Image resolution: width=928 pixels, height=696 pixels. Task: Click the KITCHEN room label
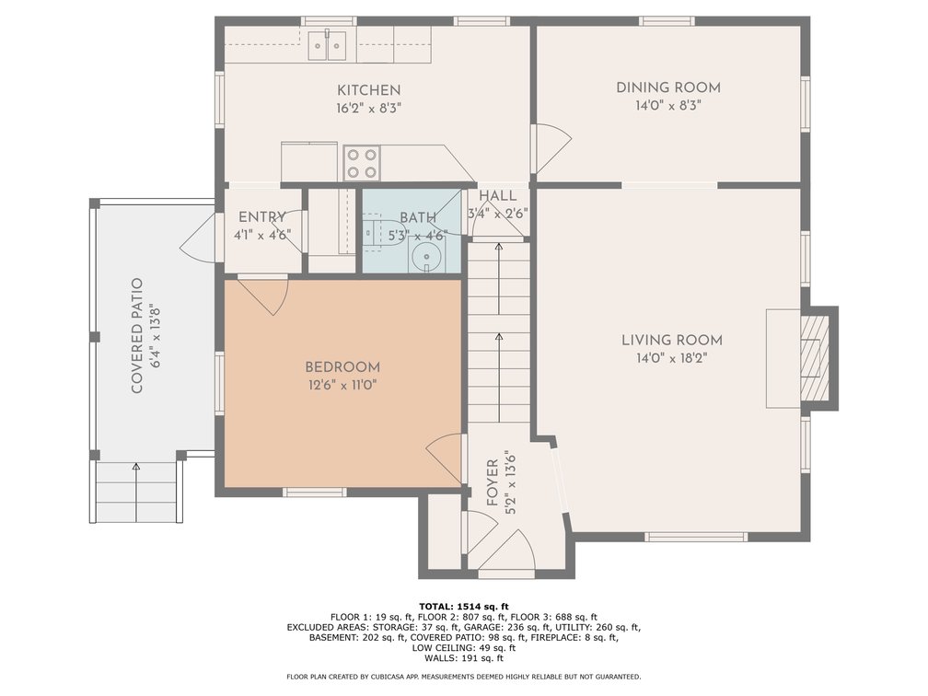tap(368, 90)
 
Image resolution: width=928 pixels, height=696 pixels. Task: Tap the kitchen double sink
tap(328, 44)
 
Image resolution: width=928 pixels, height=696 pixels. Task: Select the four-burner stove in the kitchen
tap(362, 163)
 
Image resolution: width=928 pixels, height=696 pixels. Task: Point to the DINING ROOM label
tap(668, 87)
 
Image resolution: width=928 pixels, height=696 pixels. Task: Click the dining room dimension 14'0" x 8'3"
tap(668, 106)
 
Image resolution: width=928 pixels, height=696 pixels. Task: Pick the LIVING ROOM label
tap(672, 341)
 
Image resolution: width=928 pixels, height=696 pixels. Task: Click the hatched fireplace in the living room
tap(815, 357)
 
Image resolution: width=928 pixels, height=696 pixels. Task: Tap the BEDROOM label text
tap(342, 367)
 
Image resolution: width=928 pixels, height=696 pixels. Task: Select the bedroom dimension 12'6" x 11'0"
tap(342, 385)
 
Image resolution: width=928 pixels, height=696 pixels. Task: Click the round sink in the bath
tap(425, 258)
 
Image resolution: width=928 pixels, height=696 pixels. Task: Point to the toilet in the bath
tap(374, 231)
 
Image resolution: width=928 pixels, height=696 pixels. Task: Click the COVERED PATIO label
tap(136, 335)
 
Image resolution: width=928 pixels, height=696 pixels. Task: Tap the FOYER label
tap(492, 482)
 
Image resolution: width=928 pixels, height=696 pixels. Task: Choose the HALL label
tap(498, 196)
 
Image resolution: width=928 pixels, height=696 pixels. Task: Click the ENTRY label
tap(262, 217)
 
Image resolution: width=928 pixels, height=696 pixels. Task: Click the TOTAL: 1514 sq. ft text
tap(463, 606)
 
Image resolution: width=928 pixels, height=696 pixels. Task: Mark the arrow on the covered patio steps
tap(136, 492)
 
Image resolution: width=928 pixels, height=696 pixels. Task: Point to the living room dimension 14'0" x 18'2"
tap(672, 358)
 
